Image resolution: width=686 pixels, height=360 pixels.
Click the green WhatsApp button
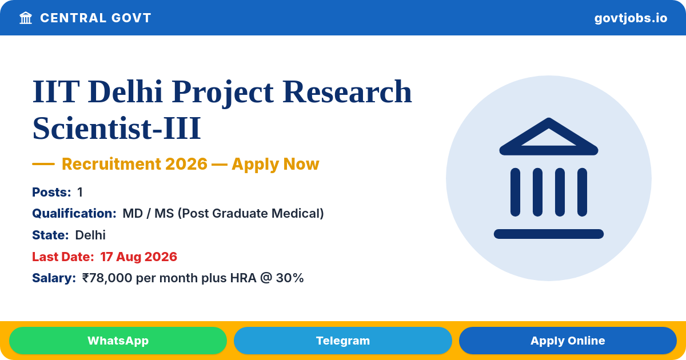118,341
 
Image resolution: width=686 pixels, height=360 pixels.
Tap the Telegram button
342,341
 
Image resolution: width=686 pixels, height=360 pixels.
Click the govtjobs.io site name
631,18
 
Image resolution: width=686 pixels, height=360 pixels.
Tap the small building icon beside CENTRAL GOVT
26,18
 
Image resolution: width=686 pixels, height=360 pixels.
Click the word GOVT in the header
131,18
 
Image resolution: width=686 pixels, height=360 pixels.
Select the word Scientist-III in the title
117,128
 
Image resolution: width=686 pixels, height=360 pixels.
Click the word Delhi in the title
125,91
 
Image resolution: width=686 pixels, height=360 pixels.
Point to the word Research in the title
347,91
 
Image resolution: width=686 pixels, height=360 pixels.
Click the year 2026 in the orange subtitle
186,164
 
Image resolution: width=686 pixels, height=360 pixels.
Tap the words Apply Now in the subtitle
276,164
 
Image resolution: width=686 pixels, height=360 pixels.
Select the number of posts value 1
80,192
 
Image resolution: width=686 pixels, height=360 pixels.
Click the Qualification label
74,213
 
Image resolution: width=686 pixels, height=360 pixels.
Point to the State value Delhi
90,235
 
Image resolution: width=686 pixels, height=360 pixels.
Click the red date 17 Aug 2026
139,257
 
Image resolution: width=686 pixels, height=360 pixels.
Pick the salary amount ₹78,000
107,278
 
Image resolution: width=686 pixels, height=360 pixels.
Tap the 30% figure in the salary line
290,278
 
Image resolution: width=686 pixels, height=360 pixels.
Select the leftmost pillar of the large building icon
515,192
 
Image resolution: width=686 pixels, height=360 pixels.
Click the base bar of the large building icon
548,234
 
